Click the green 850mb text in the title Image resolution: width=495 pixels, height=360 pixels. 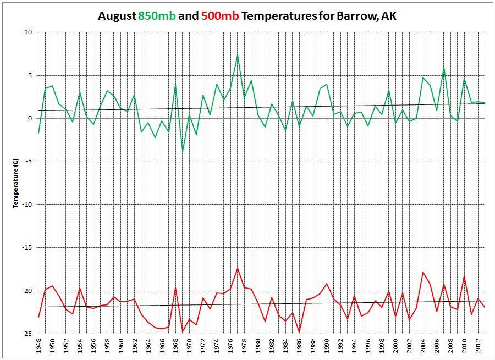[x=157, y=16]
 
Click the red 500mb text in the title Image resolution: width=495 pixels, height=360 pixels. [x=220, y=16]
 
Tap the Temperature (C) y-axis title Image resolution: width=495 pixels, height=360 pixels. [x=17, y=183]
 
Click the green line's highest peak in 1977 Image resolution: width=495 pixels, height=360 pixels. [x=237, y=55]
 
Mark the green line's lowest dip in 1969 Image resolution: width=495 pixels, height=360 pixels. [x=183, y=152]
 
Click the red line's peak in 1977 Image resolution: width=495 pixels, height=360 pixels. [x=237, y=268]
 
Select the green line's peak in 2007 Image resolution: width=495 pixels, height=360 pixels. [x=443, y=68]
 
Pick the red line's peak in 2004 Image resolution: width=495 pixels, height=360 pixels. [x=423, y=272]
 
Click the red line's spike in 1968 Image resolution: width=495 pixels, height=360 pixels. [x=175, y=287]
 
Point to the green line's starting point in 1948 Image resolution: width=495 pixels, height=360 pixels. [x=38, y=133]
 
